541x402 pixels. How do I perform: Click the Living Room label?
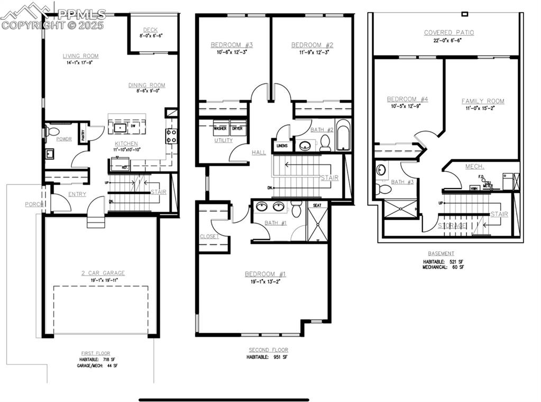pyautogui.click(x=80, y=56)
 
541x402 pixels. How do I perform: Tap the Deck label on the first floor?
pyautogui.click(x=150, y=30)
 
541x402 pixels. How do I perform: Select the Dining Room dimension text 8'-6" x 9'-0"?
pyautogui.click(x=146, y=91)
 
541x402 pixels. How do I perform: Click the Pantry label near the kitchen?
pyautogui.click(x=83, y=134)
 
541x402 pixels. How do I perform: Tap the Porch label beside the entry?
pyautogui.click(x=34, y=204)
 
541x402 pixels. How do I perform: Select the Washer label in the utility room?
pyautogui.click(x=221, y=128)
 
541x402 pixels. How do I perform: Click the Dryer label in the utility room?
pyautogui.click(x=237, y=128)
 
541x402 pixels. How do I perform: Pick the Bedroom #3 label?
pyautogui.click(x=232, y=45)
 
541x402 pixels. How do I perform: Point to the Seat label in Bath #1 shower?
pyautogui.click(x=317, y=205)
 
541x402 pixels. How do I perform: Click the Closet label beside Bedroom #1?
pyautogui.click(x=209, y=237)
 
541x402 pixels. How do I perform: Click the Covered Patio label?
pyautogui.click(x=448, y=33)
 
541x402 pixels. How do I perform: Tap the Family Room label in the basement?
pyautogui.click(x=482, y=101)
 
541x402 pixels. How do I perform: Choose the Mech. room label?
pyautogui.click(x=474, y=167)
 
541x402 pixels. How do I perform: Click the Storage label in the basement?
pyautogui.click(x=452, y=226)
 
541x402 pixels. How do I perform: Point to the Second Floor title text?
pyautogui.click(x=268, y=350)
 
